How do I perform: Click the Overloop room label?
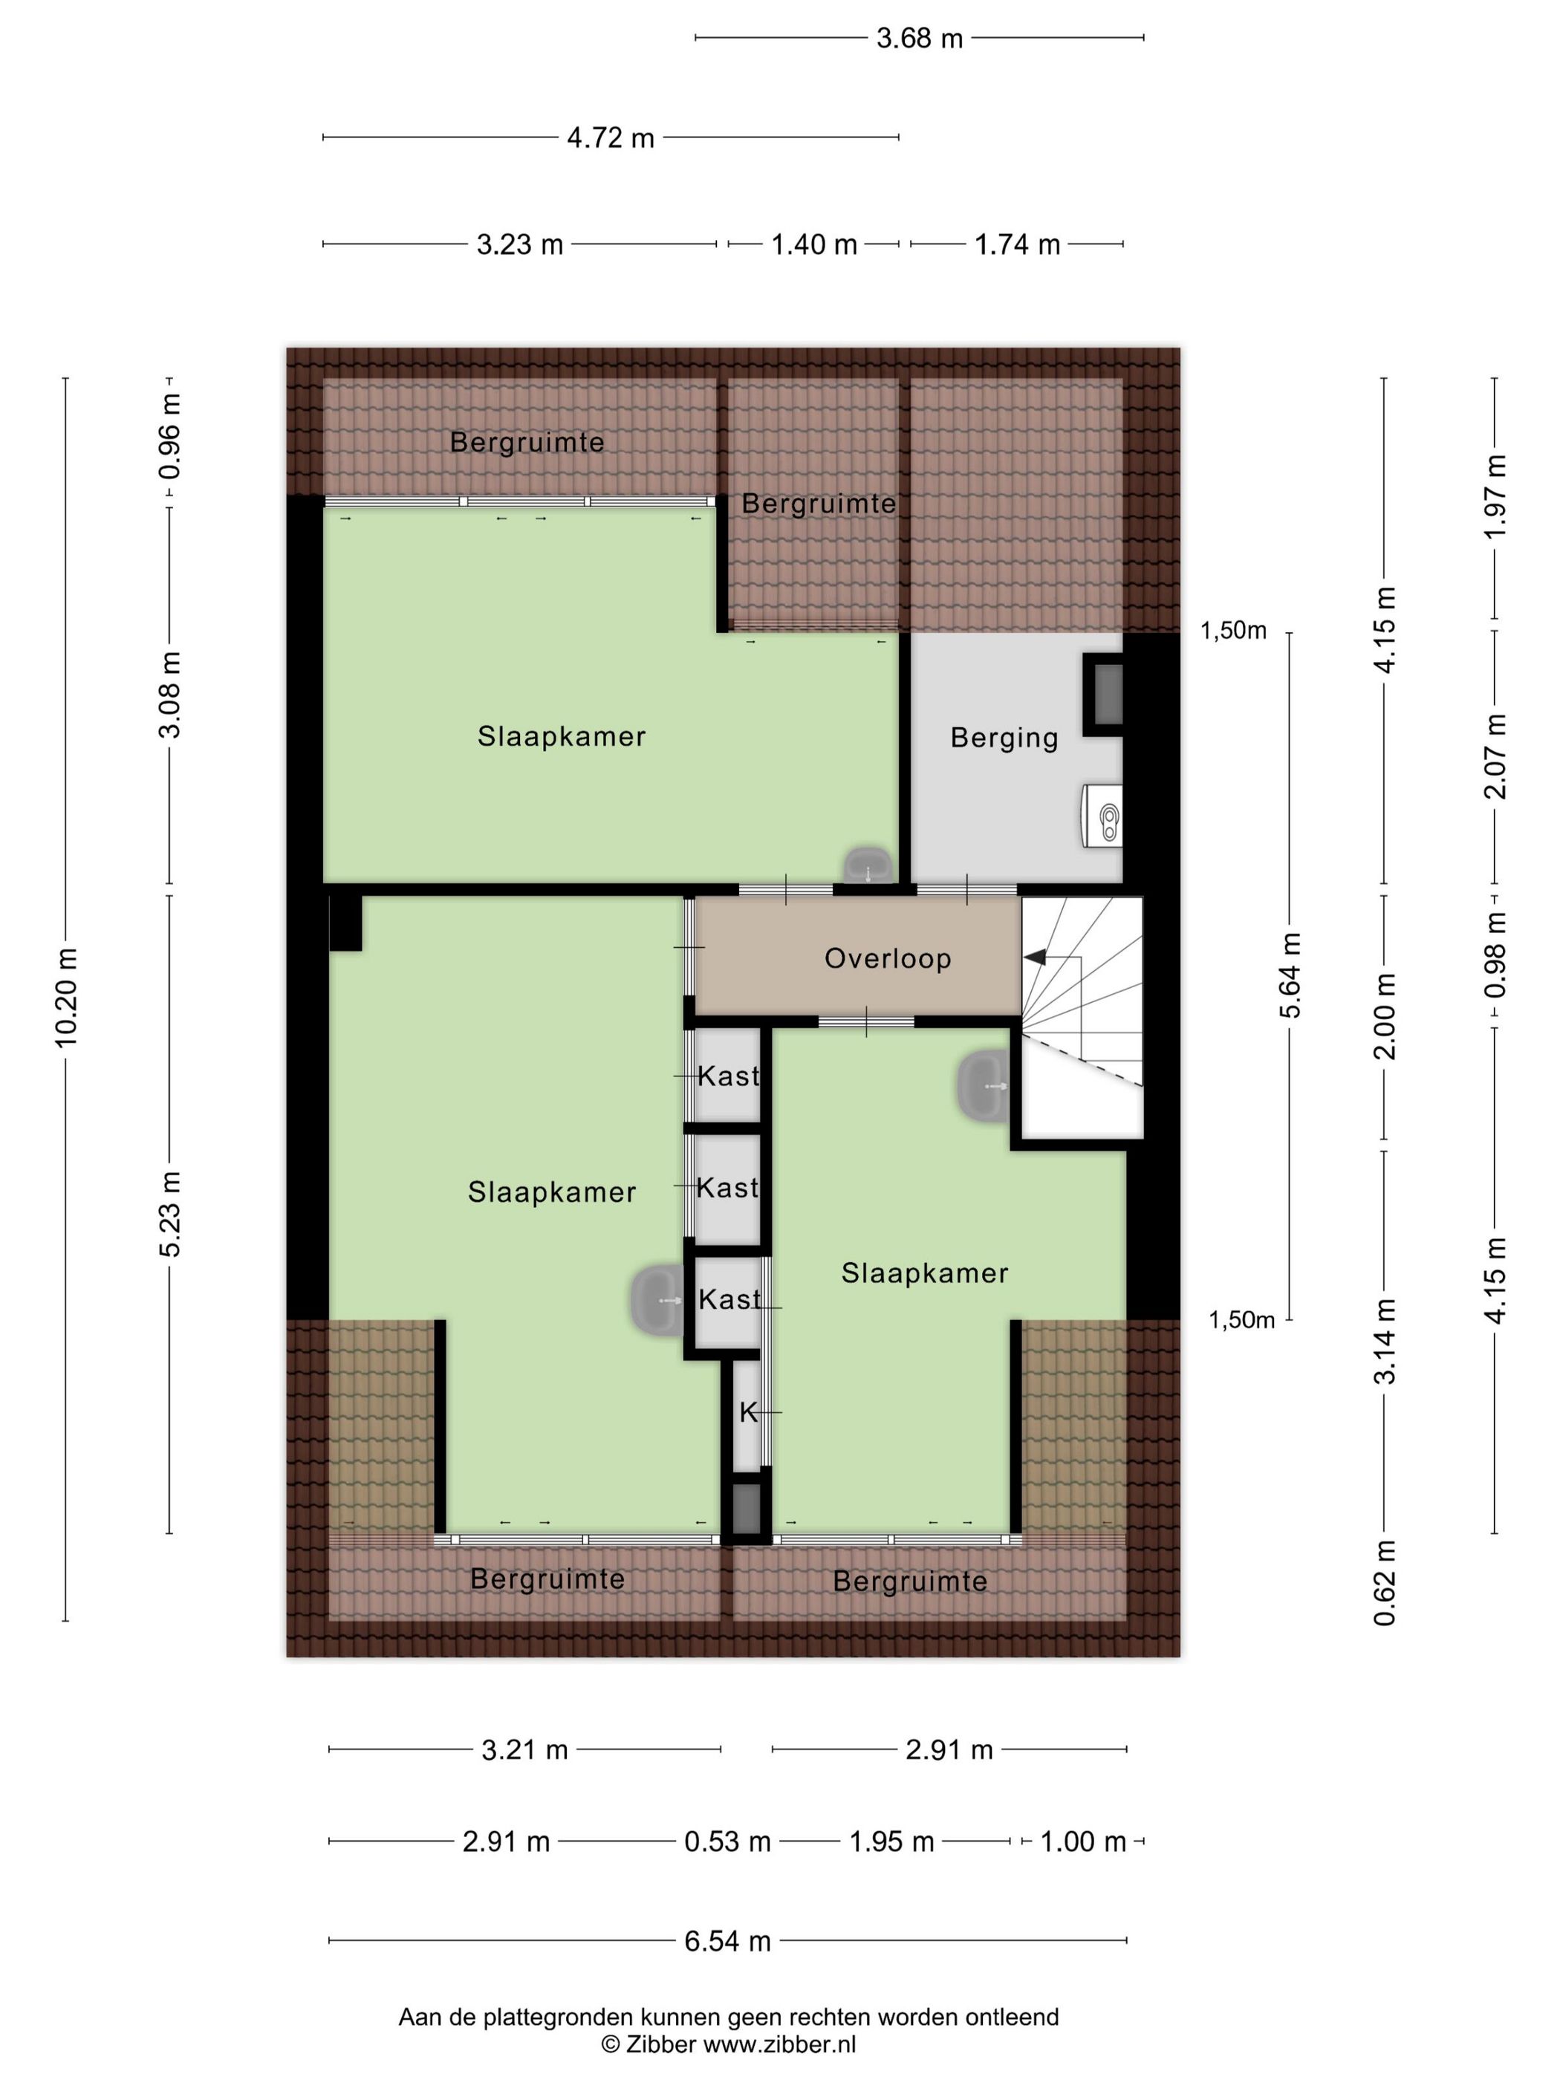click(x=888, y=958)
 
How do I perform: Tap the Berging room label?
click(x=1004, y=738)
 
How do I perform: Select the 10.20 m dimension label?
click(x=66, y=998)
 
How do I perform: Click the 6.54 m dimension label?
click(x=727, y=1940)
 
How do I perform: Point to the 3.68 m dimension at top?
click(x=920, y=38)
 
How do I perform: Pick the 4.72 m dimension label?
click(x=611, y=137)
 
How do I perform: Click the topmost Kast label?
click(x=728, y=1076)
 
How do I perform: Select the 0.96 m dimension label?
click(x=169, y=435)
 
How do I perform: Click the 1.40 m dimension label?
click(x=814, y=244)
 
